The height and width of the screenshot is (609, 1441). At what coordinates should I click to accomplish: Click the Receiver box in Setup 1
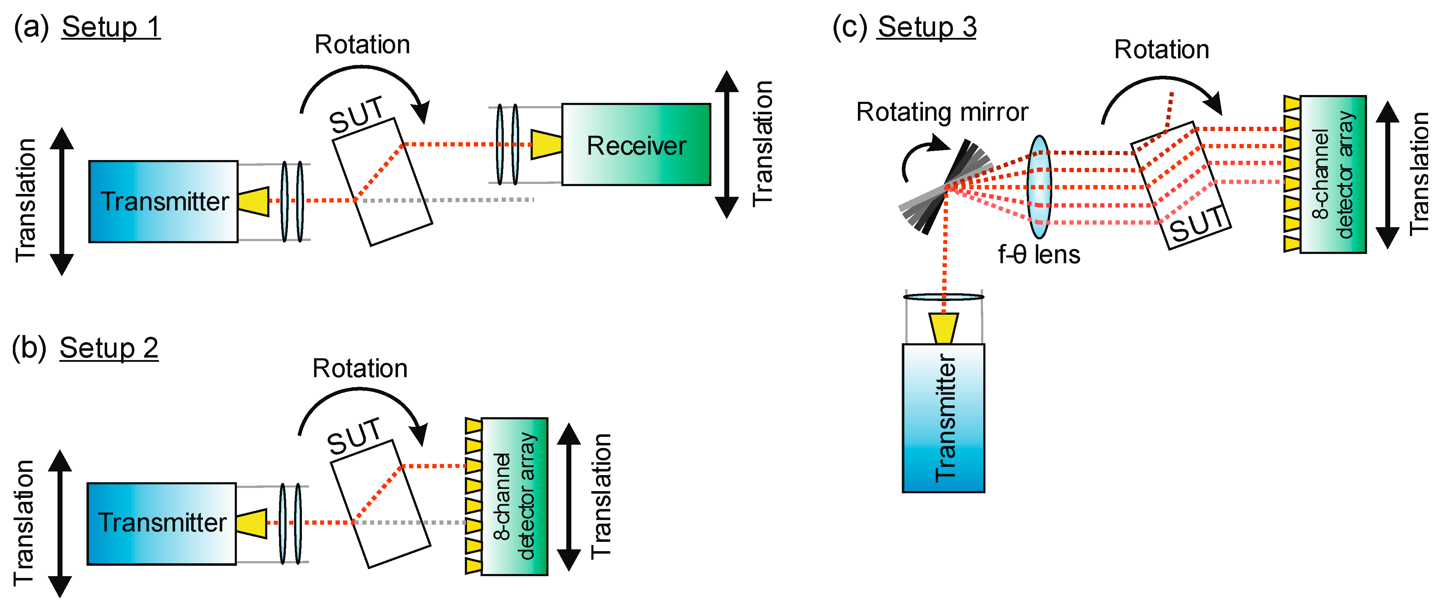pyautogui.click(x=636, y=145)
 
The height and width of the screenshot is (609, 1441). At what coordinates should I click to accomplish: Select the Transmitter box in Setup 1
pyautogui.click(x=163, y=201)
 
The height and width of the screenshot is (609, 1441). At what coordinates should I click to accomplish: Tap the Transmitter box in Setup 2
pyautogui.click(x=162, y=523)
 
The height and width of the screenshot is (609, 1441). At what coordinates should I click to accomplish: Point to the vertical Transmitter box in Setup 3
pyautogui.click(x=944, y=418)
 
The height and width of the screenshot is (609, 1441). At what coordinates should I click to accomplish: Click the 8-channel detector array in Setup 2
pyautogui.click(x=514, y=496)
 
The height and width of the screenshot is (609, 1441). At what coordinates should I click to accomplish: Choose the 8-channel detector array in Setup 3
pyautogui.click(x=1333, y=174)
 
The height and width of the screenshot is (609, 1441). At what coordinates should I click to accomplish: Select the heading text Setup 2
pyautogui.click(x=109, y=348)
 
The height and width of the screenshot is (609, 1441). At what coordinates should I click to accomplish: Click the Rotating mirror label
pyautogui.click(x=942, y=113)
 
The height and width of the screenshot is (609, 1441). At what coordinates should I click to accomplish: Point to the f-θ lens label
pyautogui.click(x=1039, y=255)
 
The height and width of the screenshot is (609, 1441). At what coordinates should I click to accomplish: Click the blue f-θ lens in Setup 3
pyautogui.click(x=1039, y=187)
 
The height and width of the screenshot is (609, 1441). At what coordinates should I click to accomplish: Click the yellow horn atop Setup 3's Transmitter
pyautogui.click(x=944, y=328)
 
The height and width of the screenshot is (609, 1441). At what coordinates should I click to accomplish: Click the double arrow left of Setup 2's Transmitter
pyautogui.click(x=60, y=523)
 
